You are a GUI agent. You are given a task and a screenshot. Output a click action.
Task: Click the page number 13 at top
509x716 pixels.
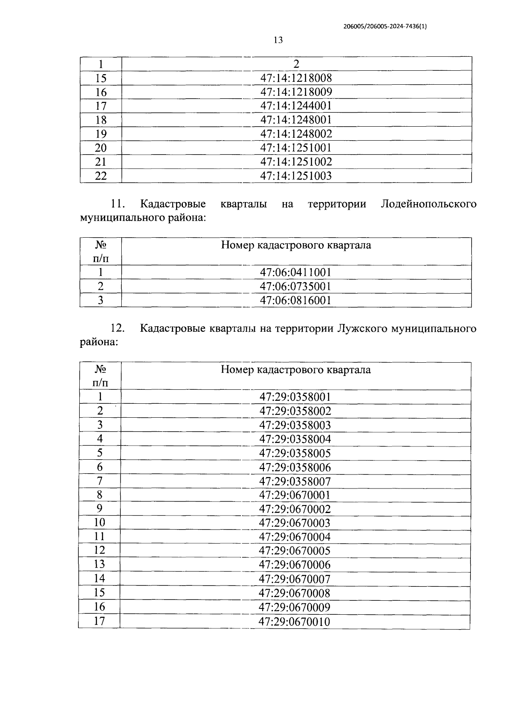coord(278,40)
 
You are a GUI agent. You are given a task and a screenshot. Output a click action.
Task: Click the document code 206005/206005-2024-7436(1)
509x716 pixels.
coord(385,26)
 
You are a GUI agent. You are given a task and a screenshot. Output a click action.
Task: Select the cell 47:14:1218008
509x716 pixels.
coord(296,78)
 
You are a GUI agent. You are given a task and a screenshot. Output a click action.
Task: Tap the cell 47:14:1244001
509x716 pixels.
coord(296,106)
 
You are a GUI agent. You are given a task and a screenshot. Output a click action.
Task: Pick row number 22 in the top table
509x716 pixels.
coord(101,176)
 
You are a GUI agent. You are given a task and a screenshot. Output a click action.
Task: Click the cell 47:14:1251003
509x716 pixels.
coord(296,176)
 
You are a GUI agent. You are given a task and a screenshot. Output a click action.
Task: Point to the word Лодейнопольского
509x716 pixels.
coord(428,204)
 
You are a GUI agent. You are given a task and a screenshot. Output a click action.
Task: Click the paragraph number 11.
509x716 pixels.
coord(117,204)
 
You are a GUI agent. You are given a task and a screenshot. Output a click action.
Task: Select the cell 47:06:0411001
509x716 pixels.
coord(296,272)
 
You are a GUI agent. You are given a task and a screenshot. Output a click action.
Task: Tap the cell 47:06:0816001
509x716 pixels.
coord(296,300)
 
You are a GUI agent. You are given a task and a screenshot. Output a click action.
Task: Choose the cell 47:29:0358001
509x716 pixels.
coord(295,397)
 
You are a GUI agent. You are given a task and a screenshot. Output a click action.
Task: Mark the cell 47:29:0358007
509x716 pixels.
coord(295,481)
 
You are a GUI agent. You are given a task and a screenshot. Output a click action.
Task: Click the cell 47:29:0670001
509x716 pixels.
coord(295,495)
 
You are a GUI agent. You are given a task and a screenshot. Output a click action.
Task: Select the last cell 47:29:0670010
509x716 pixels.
coord(295,622)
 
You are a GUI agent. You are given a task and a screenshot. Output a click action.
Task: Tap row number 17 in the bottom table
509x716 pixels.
coord(99,622)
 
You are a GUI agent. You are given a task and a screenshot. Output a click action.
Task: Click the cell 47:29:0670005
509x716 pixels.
coord(295,551)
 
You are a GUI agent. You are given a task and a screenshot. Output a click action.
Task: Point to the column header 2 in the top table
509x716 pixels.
coord(296,64)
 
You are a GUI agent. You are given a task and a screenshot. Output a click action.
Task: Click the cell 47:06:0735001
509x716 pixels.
coord(296,286)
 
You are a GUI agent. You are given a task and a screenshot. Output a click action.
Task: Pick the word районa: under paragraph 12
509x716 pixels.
coord(99,343)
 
